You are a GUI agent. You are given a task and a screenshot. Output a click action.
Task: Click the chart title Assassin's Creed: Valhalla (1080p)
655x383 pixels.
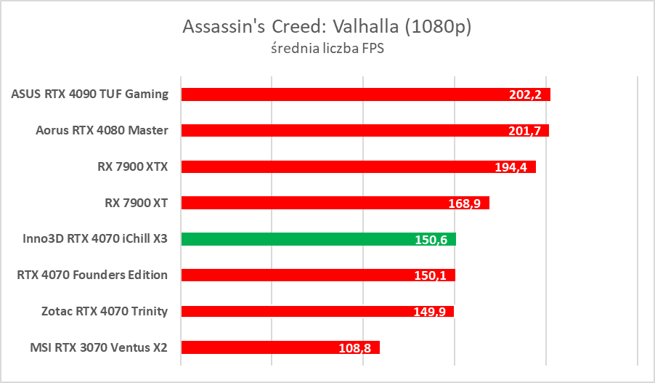click(327, 27)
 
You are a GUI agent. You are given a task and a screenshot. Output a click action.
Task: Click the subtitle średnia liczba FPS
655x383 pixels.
click(327, 50)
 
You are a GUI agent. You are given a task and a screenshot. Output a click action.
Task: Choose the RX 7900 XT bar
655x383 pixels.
click(320, 203)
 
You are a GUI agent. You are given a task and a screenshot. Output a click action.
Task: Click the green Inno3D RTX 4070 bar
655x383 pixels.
click(305, 239)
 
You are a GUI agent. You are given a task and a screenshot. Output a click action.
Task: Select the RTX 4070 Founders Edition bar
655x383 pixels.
click(305, 275)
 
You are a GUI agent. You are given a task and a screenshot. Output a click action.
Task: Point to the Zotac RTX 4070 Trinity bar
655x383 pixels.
click(305, 311)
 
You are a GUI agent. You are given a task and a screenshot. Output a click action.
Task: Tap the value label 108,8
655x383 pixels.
click(355, 348)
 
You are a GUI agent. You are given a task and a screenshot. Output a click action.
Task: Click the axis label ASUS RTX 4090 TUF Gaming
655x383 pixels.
click(90, 94)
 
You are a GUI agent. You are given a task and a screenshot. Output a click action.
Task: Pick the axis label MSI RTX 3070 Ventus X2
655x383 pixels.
click(89, 347)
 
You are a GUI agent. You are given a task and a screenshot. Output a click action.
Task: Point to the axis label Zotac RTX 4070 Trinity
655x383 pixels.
click(105, 311)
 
